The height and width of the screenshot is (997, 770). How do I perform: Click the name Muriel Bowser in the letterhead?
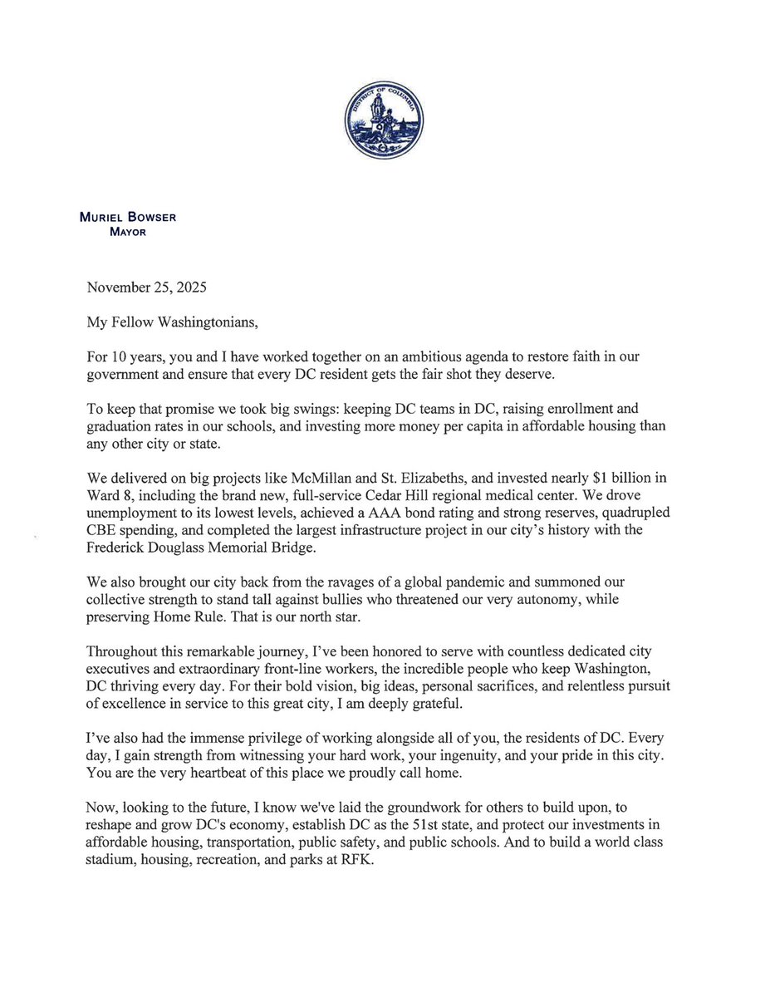[129, 218]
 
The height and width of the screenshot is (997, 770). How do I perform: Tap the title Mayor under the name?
[129, 232]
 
